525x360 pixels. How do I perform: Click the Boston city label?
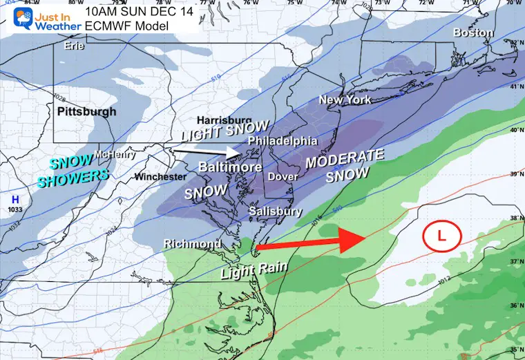pos(473,32)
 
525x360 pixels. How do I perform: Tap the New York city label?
pos(345,100)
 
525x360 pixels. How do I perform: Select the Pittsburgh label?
pos(86,111)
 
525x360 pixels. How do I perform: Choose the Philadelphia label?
pos(282,141)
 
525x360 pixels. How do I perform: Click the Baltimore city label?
pos(230,167)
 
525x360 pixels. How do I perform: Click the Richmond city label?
pos(193,244)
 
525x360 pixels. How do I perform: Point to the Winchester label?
pos(160,177)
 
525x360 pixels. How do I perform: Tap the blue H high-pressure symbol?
pos(15,199)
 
